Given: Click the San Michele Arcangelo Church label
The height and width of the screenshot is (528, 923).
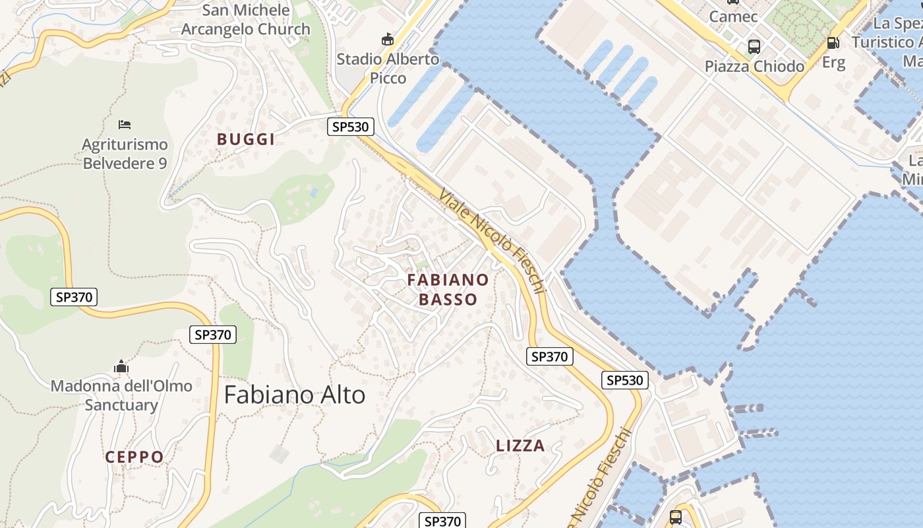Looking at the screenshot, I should (x=245, y=20).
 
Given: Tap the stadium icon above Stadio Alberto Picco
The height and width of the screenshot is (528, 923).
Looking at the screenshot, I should (x=388, y=40).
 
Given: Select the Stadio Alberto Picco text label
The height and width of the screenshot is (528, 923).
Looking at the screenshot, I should (x=388, y=68).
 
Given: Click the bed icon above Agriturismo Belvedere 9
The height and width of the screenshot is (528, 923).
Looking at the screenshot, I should (x=125, y=124).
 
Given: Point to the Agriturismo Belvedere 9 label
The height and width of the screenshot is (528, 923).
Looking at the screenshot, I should (x=125, y=154).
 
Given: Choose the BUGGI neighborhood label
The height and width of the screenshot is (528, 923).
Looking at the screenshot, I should (x=246, y=139).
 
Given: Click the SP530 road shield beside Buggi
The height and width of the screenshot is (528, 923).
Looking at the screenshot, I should (x=351, y=127).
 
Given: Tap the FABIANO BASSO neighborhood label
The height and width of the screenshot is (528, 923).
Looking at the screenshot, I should (x=448, y=290).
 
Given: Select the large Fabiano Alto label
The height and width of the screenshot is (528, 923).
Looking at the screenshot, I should (x=295, y=395).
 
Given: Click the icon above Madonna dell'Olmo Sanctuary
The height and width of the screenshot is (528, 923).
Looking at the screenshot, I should (x=121, y=367).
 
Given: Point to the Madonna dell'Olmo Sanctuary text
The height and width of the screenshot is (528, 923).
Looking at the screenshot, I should (x=121, y=395).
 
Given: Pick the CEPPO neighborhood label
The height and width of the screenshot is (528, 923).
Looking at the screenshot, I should (x=134, y=457).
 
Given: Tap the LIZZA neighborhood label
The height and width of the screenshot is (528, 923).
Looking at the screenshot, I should (x=520, y=446).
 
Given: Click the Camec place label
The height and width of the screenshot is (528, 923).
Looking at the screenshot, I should (x=733, y=16).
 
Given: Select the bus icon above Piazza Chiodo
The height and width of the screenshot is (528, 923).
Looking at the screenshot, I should (x=754, y=47).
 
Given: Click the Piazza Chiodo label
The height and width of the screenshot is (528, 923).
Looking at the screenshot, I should (x=754, y=66).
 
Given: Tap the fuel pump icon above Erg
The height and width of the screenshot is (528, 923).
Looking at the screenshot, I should (x=833, y=43).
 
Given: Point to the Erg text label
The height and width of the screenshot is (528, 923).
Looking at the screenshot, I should (x=833, y=63).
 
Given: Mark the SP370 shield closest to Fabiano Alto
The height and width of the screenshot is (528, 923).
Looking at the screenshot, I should (x=212, y=335).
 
